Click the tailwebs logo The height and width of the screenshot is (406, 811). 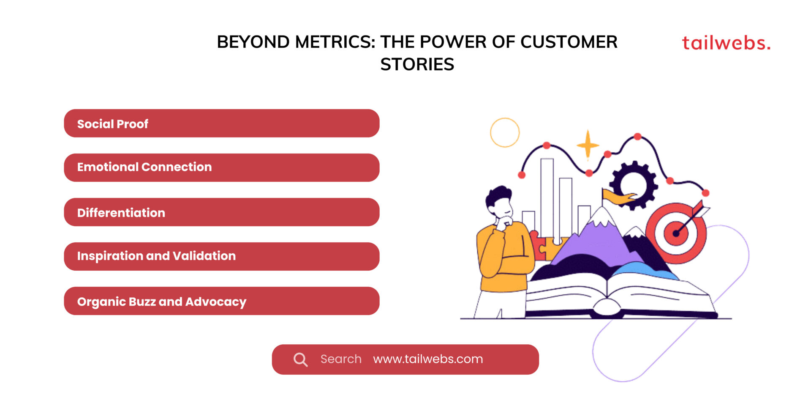tap(726, 43)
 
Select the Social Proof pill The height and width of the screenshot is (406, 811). tap(221, 123)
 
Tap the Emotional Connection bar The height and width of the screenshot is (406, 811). tap(221, 167)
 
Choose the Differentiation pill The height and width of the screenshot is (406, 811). tap(221, 212)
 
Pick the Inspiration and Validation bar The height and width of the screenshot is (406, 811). tap(221, 256)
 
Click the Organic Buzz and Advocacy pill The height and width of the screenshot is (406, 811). tap(221, 301)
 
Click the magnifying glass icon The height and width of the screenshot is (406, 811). tap(300, 359)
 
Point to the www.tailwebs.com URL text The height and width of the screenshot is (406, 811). tap(427, 359)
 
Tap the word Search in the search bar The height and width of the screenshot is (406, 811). tap(340, 359)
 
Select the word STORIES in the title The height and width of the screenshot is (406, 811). tap(417, 65)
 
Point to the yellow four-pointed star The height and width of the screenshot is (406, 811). tap(588, 145)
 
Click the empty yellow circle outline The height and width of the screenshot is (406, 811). tap(505, 132)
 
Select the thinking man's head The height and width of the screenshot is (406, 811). tap(499, 201)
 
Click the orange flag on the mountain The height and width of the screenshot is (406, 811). tap(617, 197)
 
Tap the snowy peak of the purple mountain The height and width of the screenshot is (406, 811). tap(602, 216)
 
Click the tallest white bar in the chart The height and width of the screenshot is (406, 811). tap(547, 197)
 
